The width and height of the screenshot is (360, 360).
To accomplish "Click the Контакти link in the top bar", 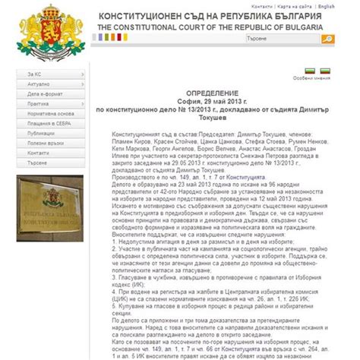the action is (261, 5).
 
